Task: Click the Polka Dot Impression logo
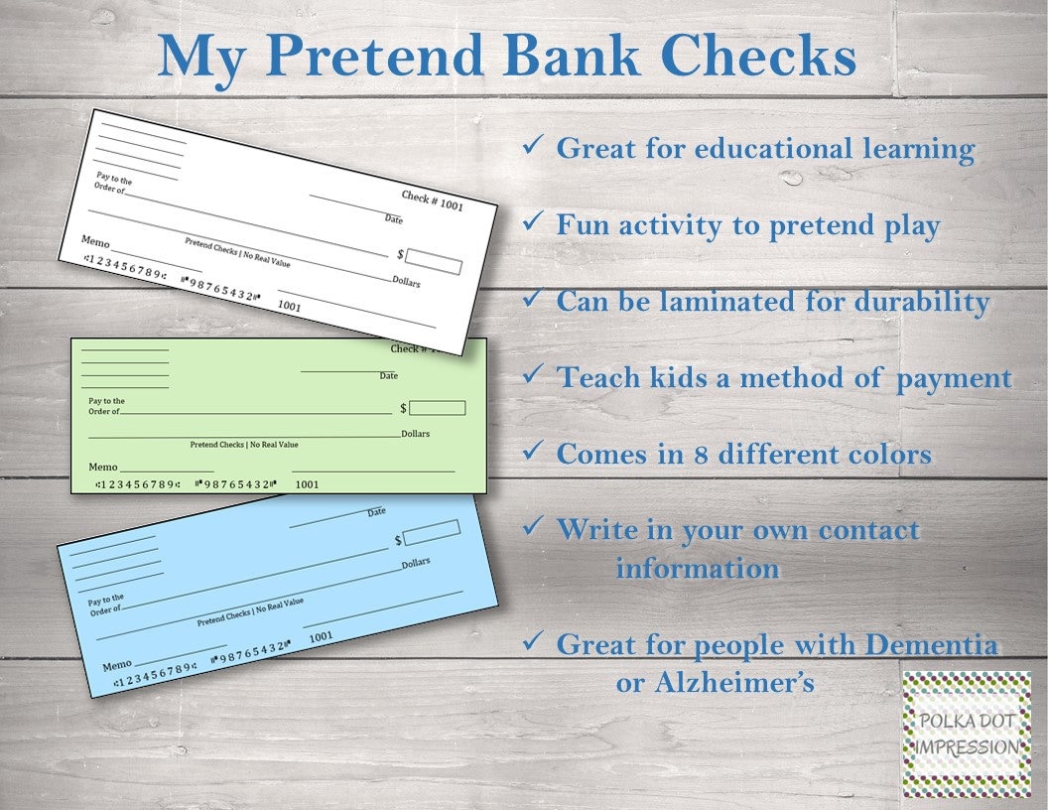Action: point(967,733)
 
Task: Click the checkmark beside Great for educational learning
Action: point(531,147)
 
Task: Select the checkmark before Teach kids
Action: point(531,375)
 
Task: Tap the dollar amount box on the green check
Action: point(438,408)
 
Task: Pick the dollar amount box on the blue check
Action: point(431,534)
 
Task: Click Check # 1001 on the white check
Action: point(432,199)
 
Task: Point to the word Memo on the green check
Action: point(103,467)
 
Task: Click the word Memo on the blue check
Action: point(116,664)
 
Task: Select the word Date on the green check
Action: point(388,376)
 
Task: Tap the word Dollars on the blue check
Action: point(416,564)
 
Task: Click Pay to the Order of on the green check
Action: point(104,406)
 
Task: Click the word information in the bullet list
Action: point(697,569)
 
